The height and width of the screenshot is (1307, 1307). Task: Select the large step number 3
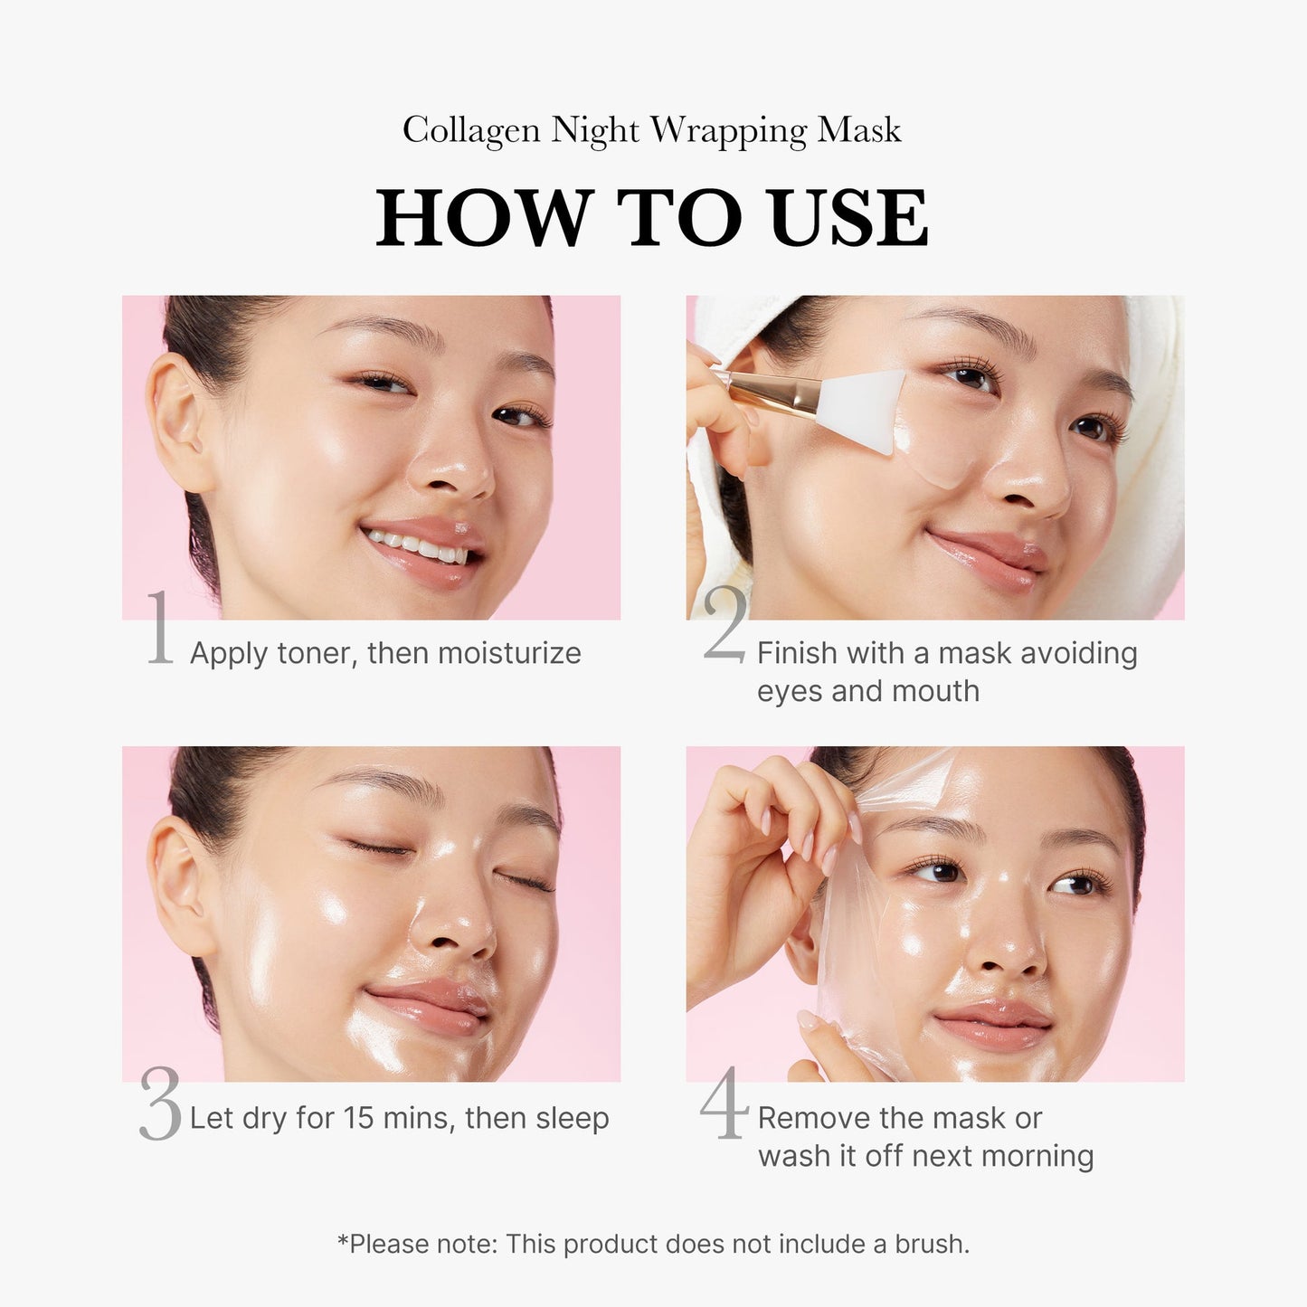[x=161, y=1104]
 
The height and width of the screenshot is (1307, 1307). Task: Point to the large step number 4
[x=725, y=1103]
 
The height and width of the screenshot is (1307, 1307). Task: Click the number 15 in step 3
[x=359, y=1118]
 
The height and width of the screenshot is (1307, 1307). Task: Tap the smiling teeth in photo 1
[x=416, y=546]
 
